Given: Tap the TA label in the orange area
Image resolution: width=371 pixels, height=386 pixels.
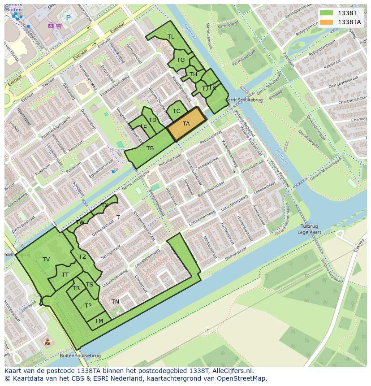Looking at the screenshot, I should tap(186, 124).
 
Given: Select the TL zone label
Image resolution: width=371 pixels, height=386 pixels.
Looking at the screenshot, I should tap(171, 37).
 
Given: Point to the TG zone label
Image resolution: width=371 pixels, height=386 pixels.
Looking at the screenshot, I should tap(181, 60).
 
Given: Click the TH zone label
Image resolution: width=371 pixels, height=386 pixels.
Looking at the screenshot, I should tap(193, 74).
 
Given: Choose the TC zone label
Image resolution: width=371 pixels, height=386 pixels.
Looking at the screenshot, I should tap(177, 111).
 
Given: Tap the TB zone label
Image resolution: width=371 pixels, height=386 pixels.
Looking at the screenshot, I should tap(150, 148).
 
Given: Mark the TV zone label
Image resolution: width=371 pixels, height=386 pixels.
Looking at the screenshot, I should tap(46, 260).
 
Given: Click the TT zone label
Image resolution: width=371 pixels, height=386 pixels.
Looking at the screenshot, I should tap(65, 275).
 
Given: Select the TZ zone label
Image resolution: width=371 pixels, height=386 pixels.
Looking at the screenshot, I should tap(82, 257).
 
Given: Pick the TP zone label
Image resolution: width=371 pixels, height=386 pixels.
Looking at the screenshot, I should tap(88, 306).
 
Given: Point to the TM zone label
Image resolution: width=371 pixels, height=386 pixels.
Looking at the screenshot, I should tap(99, 321).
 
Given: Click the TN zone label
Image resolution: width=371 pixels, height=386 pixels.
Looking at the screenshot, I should tap(115, 302).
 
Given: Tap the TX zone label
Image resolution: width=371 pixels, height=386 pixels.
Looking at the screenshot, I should tap(105, 205).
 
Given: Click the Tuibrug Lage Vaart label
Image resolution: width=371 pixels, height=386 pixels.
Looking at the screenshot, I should tap(309, 229).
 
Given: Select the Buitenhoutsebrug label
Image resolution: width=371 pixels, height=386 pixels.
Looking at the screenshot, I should tap(80, 356).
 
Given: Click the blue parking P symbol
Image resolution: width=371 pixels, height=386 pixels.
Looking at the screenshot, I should tap(68, 17).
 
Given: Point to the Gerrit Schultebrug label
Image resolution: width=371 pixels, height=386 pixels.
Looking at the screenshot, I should tap(244, 100).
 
